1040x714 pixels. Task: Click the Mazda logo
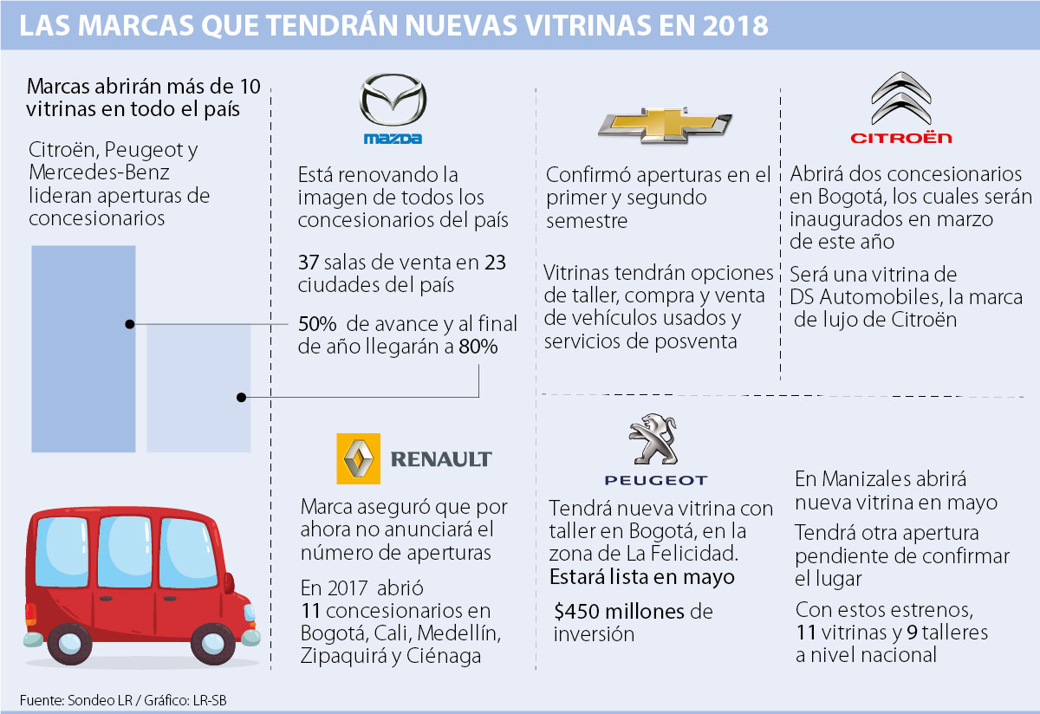click(x=393, y=102)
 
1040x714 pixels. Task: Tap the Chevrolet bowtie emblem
click(x=665, y=123)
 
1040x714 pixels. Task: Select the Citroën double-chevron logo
click(x=900, y=100)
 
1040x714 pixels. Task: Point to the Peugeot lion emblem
click(x=655, y=439)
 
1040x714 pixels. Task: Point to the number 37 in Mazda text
click(x=308, y=262)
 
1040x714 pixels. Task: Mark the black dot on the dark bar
click(x=130, y=324)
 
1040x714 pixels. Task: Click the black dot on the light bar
click(x=242, y=397)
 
